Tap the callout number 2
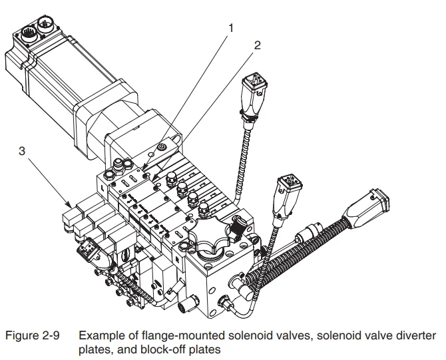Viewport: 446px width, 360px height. click(257, 46)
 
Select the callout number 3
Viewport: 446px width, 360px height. click(22, 152)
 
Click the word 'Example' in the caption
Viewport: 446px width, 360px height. click(101, 335)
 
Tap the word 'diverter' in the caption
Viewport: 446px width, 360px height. click(416, 335)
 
